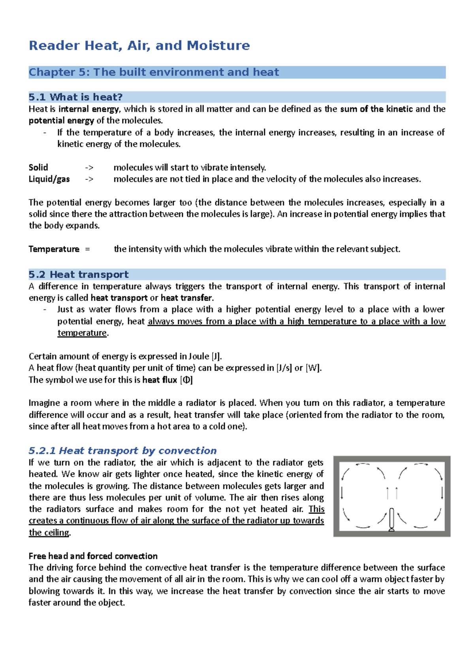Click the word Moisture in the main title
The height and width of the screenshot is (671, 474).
(x=218, y=46)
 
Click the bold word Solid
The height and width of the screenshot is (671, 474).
(x=38, y=168)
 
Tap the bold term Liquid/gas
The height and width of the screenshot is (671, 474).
(x=49, y=179)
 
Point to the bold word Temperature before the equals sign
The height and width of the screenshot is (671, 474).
(x=54, y=249)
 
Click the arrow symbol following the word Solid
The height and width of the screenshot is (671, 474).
(x=89, y=168)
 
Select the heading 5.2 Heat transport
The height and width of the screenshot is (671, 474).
(x=79, y=275)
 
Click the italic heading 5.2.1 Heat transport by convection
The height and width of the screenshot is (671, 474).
(x=122, y=451)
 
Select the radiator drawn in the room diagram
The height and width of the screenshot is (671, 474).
(x=391, y=519)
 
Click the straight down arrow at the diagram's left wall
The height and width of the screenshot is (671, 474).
(x=342, y=493)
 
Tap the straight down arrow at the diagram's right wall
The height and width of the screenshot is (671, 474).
(x=442, y=493)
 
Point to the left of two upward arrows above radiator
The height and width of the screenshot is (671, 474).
(x=388, y=493)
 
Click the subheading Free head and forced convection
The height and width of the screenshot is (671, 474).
(x=93, y=556)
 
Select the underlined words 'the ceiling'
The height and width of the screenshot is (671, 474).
(x=49, y=533)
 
